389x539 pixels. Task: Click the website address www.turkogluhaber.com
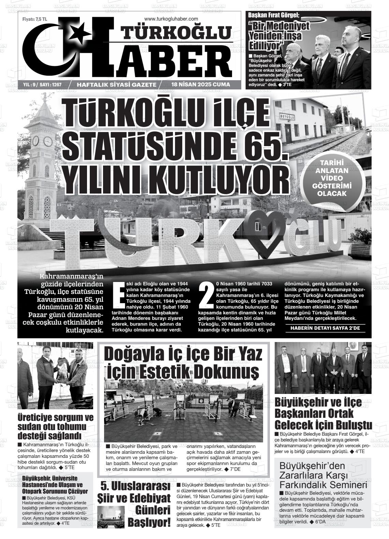point(171,19)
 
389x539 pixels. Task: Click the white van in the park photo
point(125,397)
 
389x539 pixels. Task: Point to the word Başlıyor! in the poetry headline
point(149,522)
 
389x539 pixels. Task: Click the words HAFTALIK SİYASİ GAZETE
point(117,85)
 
